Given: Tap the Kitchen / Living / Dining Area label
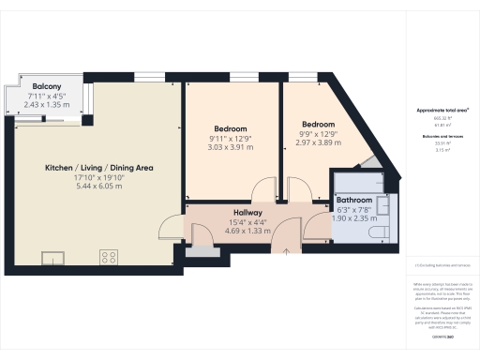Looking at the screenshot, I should coord(98,168).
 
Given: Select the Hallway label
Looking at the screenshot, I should coord(247,214).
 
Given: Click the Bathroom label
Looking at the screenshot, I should coord(354,201).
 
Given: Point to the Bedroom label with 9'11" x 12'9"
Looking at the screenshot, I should coord(230,127).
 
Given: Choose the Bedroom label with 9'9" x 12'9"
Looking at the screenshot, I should coord(317,124).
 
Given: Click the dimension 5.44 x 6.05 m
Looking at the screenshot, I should coord(98,187).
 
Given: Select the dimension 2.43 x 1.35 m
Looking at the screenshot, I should coord(47,105).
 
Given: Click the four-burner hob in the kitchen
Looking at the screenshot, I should coord(109,255).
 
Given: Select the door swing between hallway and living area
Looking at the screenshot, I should coord(170,228).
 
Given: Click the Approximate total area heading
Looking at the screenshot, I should coord(442,111).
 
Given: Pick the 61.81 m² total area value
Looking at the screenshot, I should coord(442,125).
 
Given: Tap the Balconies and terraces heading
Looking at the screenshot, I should coord(442,136).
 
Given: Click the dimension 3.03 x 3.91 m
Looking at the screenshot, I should coord(230,147).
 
